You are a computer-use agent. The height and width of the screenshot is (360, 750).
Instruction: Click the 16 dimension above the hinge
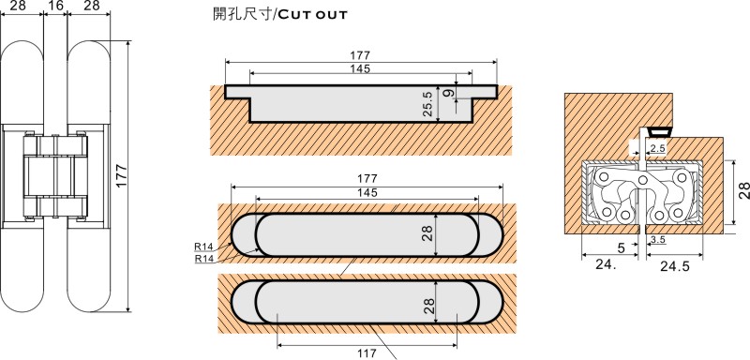[x=55, y=6]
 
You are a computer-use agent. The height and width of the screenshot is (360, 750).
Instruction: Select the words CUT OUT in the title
[x=311, y=15]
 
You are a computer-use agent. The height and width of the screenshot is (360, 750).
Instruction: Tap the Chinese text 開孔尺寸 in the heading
[x=242, y=14]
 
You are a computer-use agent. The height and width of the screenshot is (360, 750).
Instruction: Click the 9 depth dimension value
[x=448, y=92]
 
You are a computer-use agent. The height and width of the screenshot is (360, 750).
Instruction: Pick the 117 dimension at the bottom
[x=367, y=353]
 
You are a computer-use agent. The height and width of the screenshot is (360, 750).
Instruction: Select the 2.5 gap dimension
[x=658, y=148]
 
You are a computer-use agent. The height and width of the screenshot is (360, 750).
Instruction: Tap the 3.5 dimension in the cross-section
[x=658, y=239]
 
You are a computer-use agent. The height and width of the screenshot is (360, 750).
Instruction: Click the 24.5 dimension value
[x=675, y=266]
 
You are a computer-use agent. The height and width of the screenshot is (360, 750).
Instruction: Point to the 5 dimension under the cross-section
[x=621, y=247]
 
